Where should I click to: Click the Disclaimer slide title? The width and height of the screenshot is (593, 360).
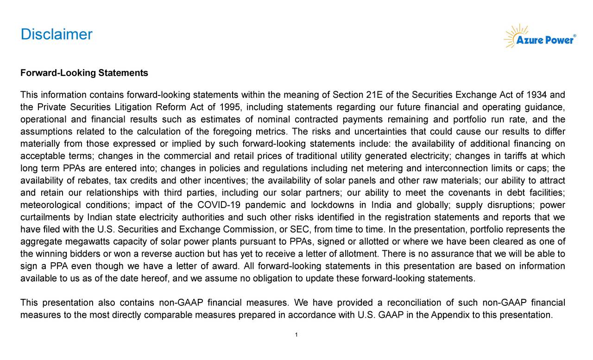point(57,35)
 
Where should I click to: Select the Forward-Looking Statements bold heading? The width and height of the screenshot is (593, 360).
point(84,73)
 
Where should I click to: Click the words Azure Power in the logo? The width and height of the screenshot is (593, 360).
point(545,40)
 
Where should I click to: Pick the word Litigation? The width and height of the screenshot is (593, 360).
point(132,108)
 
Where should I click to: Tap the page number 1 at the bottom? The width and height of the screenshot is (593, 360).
point(296,335)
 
